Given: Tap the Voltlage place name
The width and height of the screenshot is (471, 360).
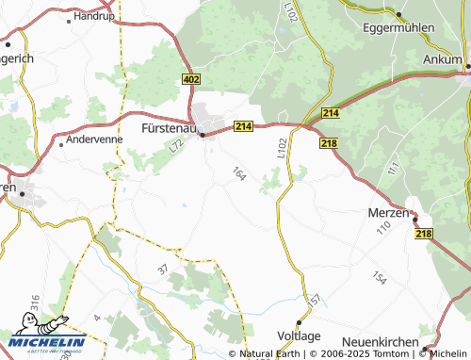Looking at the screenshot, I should coord(299,336).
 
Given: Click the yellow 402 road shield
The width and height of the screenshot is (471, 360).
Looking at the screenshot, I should coord(191,80).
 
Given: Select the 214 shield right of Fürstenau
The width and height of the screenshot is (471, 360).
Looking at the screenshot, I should coord(244,126).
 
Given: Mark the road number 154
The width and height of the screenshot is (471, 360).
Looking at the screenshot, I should coord(379,278).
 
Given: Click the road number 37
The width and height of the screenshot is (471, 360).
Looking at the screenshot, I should coord(163,269).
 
